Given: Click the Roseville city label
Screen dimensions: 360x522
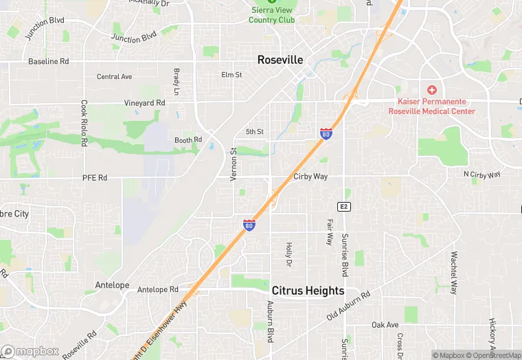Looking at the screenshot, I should (280, 60).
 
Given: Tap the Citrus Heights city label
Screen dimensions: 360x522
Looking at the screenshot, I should (308, 291).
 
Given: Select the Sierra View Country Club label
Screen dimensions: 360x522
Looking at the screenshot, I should (271, 15).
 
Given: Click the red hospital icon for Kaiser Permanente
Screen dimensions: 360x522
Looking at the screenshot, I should (431, 90).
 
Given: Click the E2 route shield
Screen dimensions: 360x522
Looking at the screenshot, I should (343, 206).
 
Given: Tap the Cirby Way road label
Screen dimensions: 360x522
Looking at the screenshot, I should (310, 177).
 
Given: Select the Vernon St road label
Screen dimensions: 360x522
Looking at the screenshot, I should (234, 164).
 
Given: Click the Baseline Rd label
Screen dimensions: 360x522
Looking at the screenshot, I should (49, 61).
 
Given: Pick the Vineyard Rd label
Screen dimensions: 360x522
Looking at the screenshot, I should (145, 102).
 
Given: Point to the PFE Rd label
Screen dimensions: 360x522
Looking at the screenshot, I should (95, 178).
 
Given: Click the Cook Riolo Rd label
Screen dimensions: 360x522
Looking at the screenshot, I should (84, 124).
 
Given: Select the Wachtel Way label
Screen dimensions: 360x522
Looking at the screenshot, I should (453, 272).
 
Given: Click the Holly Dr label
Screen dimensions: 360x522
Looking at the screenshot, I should (289, 254).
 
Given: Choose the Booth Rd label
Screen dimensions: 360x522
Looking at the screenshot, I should (188, 140).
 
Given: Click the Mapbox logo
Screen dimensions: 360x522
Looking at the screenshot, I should (31, 351).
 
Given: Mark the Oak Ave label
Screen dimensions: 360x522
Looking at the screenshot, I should (385, 325).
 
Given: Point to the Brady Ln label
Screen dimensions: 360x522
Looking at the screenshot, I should (177, 82).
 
